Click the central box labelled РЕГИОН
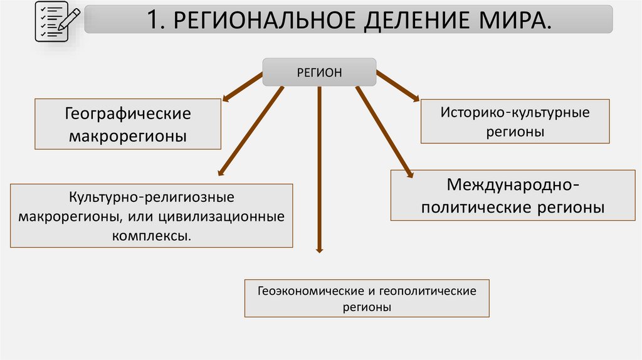coord(319,72)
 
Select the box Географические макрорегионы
coord(128,124)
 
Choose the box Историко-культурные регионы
coord(514,122)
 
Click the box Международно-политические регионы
coord(513,195)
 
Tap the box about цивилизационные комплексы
coord(152,216)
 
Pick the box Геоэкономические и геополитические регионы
coord(367,299)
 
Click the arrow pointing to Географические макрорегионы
coord(243,85)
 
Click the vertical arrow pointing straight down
coord(319,169)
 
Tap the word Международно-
coord(513,185)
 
